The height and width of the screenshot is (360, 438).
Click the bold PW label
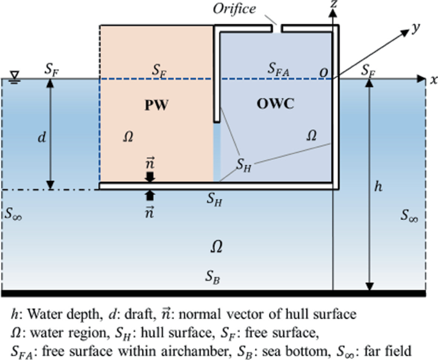tap(156, 106)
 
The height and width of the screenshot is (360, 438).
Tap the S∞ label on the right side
tap(409, 215)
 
